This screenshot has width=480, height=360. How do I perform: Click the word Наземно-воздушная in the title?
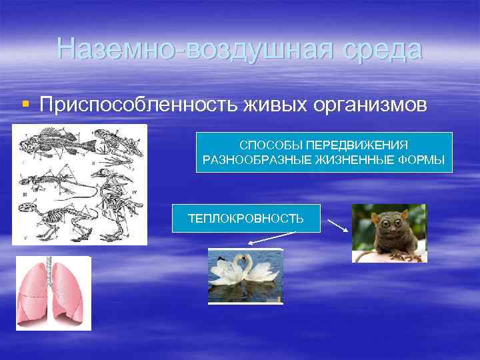[181, 50]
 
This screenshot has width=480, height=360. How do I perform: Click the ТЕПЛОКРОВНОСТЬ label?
[245, 219]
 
